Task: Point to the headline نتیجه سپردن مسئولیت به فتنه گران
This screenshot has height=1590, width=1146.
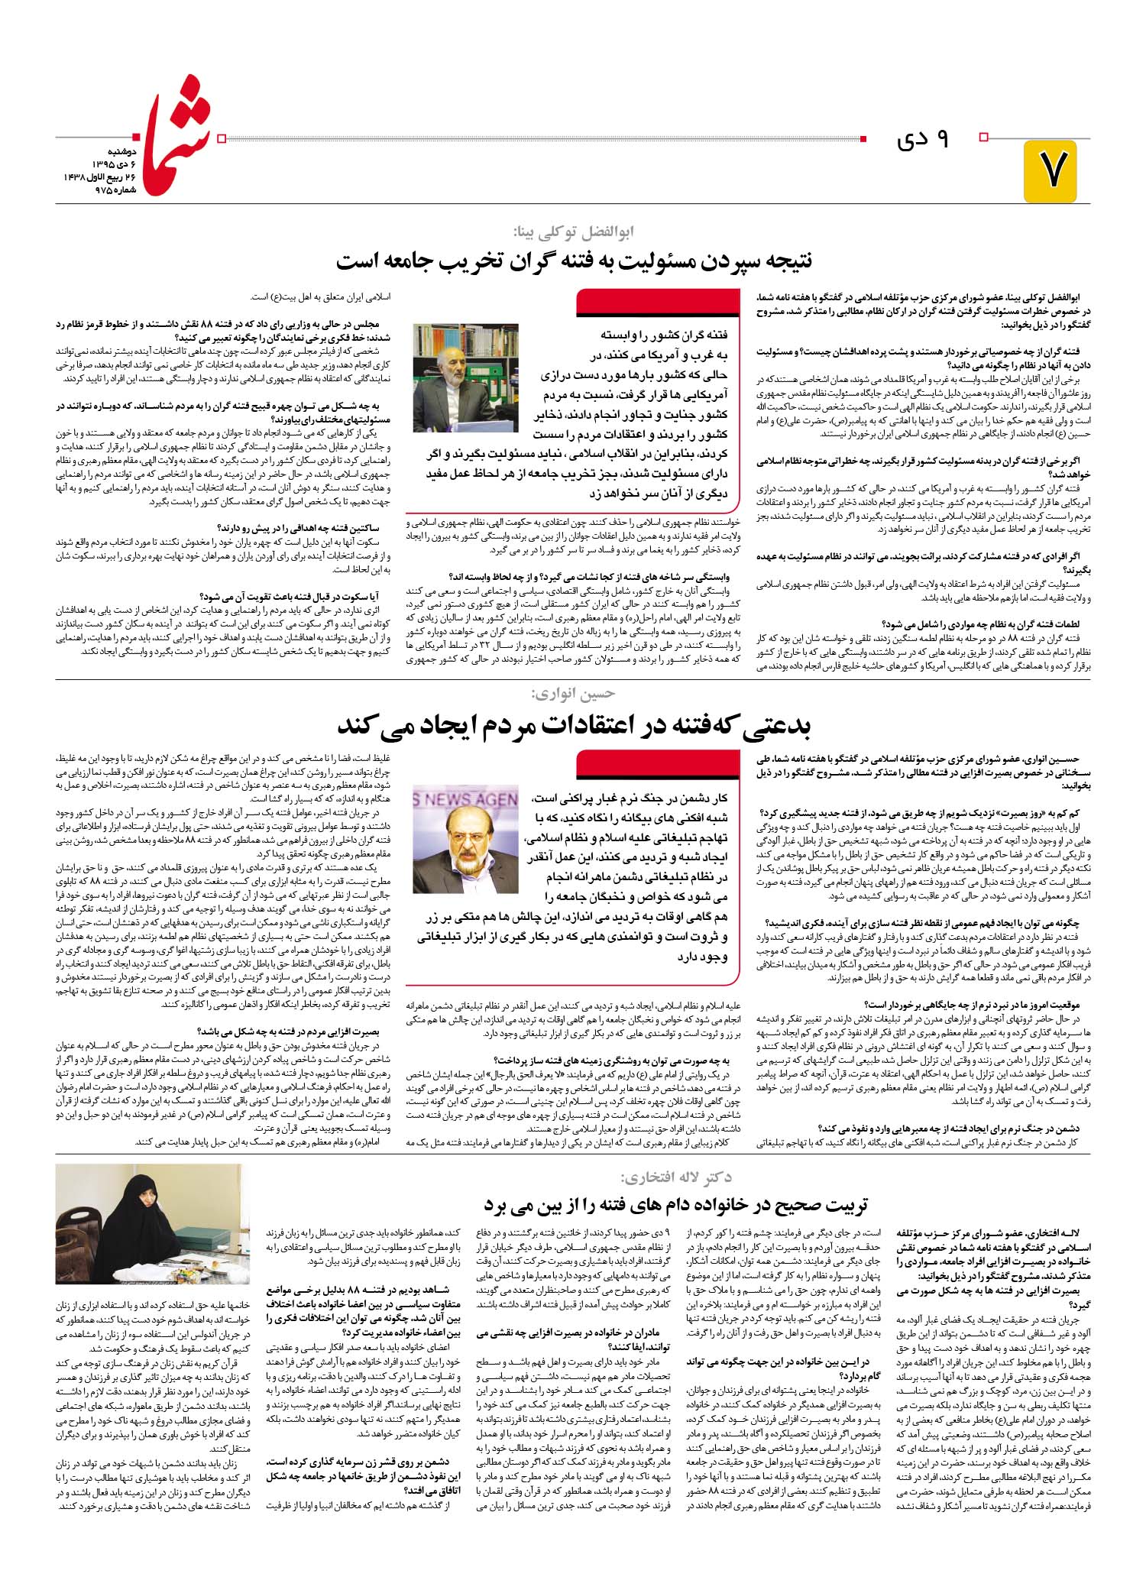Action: [574, 261]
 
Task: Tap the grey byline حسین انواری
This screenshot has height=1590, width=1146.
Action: [573, 694]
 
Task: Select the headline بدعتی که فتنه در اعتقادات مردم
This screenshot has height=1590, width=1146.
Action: [574, 724]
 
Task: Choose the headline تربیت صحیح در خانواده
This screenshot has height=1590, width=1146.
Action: [676, 1205]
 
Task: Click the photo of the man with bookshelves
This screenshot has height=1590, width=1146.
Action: [465, 377]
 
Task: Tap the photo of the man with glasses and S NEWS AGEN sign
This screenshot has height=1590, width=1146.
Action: [465, 837]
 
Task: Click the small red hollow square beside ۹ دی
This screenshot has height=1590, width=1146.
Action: [984, 138]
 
